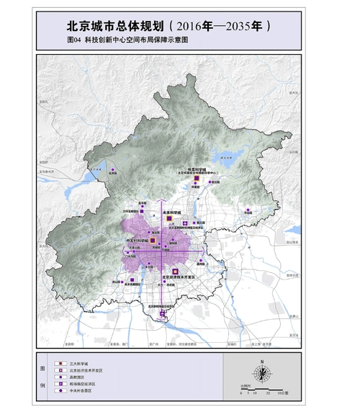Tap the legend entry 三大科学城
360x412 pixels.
tap(78, 364)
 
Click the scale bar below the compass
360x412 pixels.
tap(263, 393)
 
